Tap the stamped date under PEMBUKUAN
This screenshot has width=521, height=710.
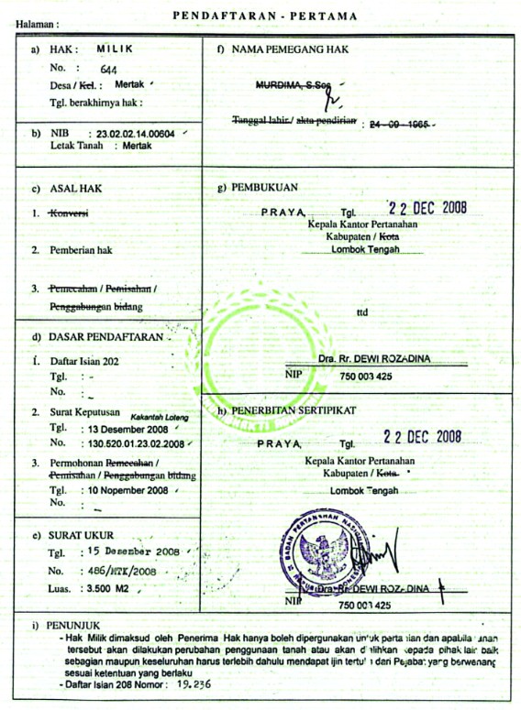(427, 207)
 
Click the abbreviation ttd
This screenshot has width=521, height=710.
(362, 311)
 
